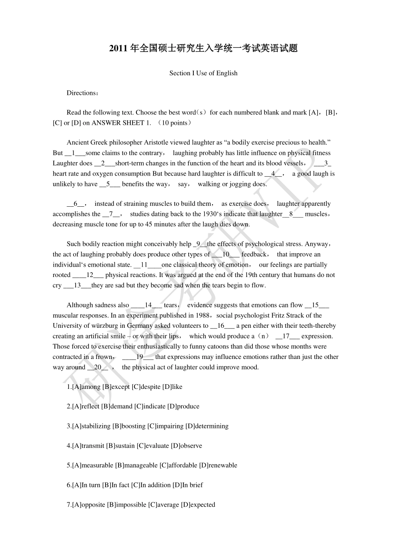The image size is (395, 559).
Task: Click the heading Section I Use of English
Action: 203,73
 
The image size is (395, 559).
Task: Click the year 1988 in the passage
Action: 204,315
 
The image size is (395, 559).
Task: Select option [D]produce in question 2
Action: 183,406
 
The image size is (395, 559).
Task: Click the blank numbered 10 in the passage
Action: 226,255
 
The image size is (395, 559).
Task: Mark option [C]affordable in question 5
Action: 178,465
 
